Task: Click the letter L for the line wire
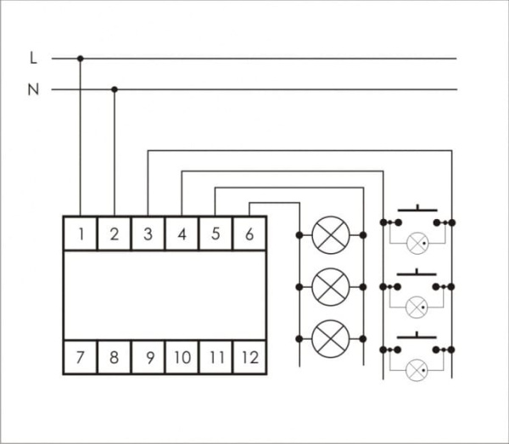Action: pos(33,59)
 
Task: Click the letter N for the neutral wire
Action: pos(33,89)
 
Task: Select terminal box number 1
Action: pos(81,233)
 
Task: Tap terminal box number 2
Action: pos(115,233)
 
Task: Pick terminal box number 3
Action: pos(148,233)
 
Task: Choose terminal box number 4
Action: pos(182,233)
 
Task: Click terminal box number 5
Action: pos(215,233)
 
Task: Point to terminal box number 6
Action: pos(249,233)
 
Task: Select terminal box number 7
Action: pos(81,357)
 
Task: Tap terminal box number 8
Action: pos(115,357)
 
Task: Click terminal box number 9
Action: pos(148,357)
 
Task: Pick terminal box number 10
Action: pos(182,357)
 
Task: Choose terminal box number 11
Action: pos(215,357)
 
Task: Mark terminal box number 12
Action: pos(249,357)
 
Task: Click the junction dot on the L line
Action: pos(81,59)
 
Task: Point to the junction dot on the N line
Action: pos(115,89)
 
